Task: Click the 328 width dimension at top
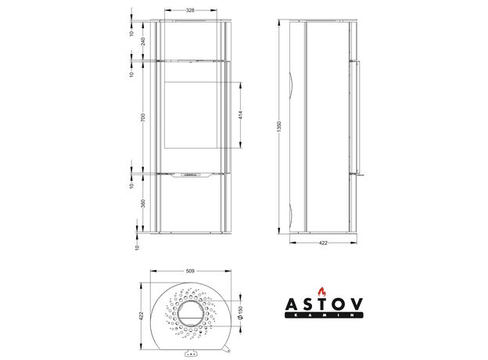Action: pyautogui.click(x=190, y=10)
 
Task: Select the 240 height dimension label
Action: pyautogui.click(x=143, y=41)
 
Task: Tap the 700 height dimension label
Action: pyautogui.click(x=143, y=117)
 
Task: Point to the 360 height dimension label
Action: pyautogui.click(x=143, y=203)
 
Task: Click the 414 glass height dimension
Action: pyautogui.click(x=241, y=115)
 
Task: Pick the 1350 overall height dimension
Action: pyautogui.click(x=279, y=127)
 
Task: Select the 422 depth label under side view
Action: pyautogui.click(x=323, y=243)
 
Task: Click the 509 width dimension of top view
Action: pyautogui.click(x=190, y=272)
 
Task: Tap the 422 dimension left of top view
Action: pyautogui.click(x=141, y=316)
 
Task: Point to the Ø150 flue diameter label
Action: pyautogui.click(x=240, y=312)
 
